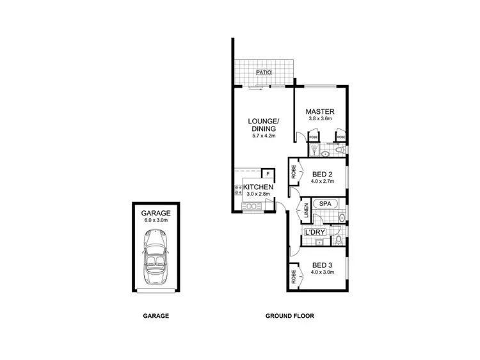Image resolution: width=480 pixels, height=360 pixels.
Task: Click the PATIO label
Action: (x=263, y=73)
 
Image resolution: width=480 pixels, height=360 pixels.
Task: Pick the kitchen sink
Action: (x=251, y=205)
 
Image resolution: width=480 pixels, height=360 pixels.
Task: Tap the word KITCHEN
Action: (x=259, y=187)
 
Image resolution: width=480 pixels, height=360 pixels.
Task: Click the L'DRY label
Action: (x=316, y=231)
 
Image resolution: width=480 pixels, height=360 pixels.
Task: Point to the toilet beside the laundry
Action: (x=338, y=240)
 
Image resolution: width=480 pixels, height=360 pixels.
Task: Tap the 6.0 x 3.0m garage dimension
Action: (x=156, y=219)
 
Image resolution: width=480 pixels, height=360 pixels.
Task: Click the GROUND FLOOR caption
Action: (x=290, y=315)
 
